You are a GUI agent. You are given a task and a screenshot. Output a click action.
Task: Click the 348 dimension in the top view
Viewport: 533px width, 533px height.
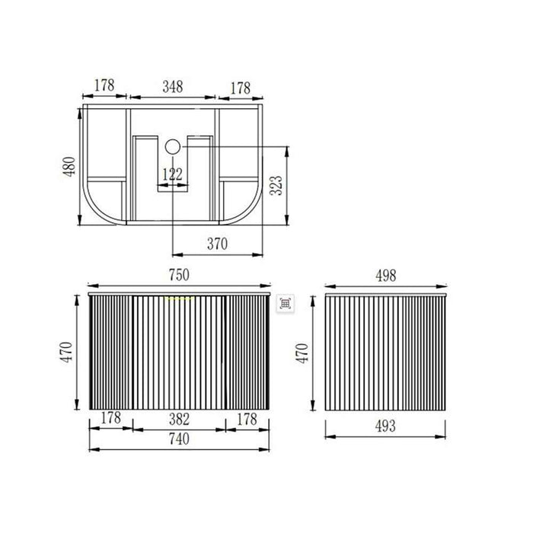click(x=173, y=87)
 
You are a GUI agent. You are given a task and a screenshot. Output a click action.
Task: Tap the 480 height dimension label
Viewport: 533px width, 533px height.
click(x=70, y=167)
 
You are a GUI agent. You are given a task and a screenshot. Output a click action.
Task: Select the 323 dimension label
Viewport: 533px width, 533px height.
click(x=276, y=185)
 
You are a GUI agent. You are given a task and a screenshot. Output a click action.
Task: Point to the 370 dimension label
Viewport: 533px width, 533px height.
click(x=217, y=244)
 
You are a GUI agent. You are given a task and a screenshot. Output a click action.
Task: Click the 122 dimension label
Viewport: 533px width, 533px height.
click(x=172, y=174)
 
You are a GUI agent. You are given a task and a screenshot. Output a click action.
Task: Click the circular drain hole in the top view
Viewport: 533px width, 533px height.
click(x=172, y=146)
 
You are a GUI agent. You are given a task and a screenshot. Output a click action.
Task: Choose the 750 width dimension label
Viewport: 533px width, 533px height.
click(x=179, y=275)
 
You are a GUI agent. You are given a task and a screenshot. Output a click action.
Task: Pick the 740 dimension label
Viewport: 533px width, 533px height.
click(x=179, y=439)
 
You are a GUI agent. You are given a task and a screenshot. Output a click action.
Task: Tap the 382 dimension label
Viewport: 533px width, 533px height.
click(x=179, y=420)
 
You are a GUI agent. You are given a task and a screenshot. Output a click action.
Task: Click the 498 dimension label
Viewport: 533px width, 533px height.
click(x=386, y=276)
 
